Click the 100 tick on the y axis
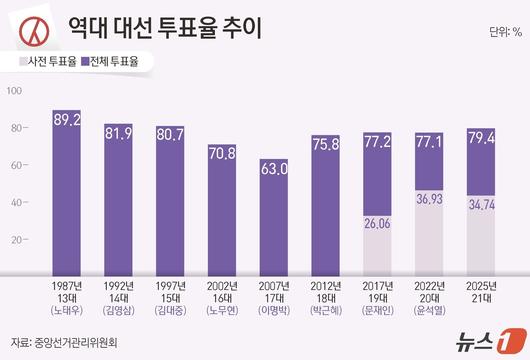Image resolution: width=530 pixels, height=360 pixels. point(14,91)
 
